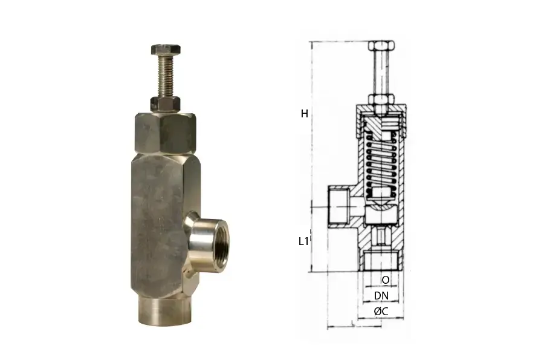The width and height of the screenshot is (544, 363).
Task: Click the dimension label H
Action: (304, 114)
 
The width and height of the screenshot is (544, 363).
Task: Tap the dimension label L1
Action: (303, 241)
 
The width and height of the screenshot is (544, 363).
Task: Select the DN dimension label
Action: (381, 296)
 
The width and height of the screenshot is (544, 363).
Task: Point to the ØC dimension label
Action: (381, 312)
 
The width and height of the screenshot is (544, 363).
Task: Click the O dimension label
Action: (385, 280)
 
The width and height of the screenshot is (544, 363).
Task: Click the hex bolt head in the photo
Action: (166, 50)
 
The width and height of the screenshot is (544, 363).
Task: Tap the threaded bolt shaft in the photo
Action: (166, 76)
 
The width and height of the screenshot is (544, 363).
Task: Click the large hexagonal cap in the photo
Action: (165, 133)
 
